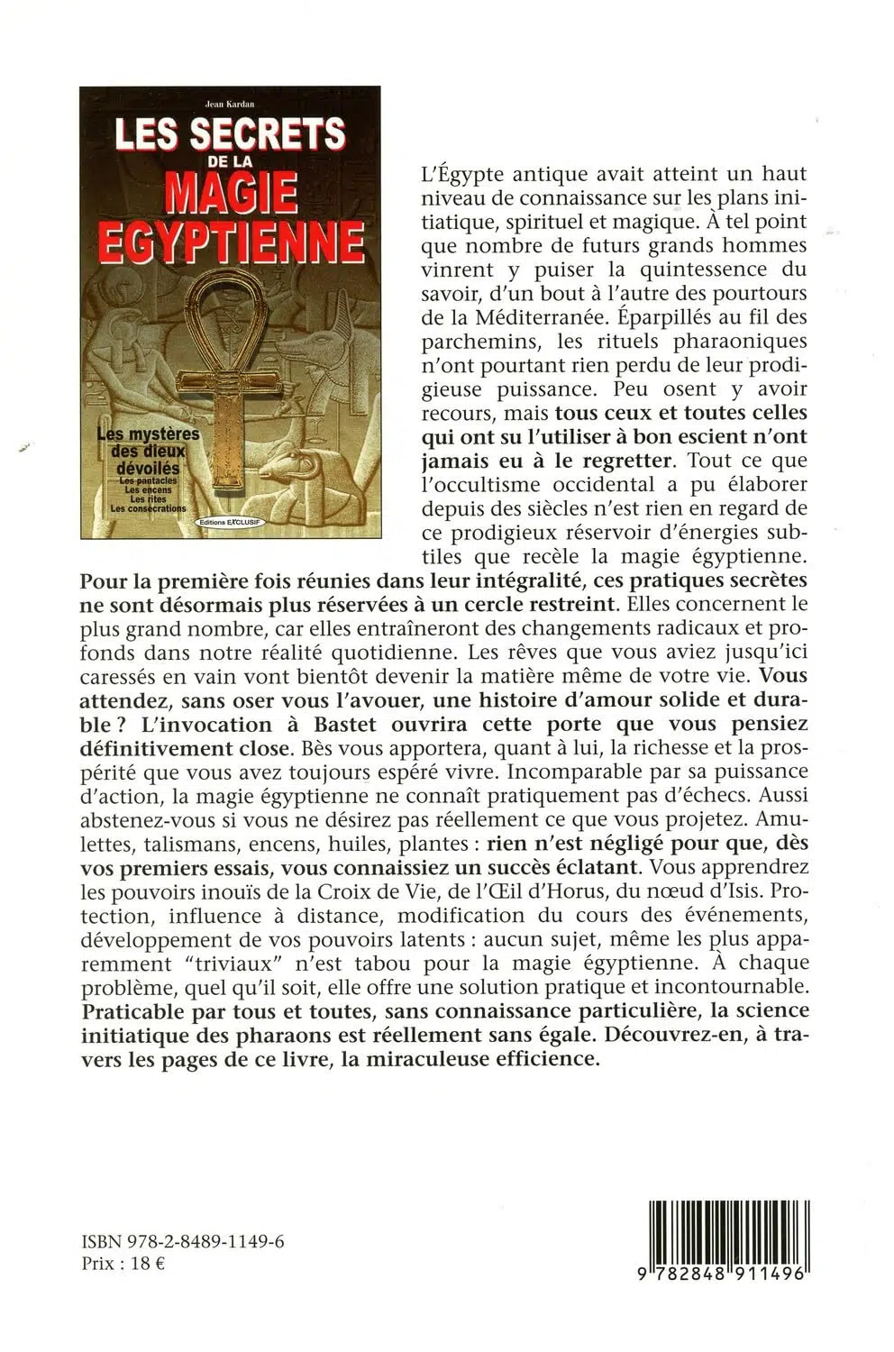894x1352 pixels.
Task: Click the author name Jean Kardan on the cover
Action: [230, 104]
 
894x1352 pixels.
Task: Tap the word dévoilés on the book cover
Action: [148, 469]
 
